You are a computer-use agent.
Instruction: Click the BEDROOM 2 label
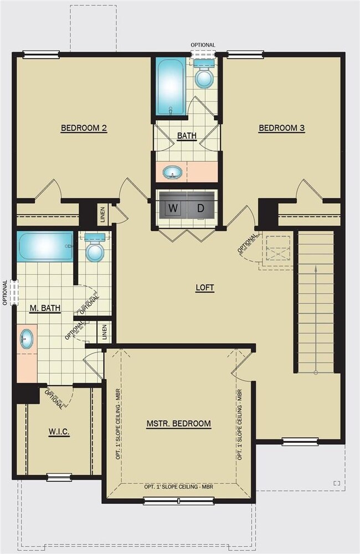[84, 128]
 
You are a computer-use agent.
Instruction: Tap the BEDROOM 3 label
[282, 128]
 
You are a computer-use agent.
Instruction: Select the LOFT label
[205, 287]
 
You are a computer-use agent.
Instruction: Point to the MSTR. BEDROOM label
[178, 423]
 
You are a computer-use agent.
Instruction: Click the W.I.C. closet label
[59, 431]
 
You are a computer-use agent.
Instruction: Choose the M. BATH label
[45, 308]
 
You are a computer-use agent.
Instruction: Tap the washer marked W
[173, 208]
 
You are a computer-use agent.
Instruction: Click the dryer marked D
[201, 208]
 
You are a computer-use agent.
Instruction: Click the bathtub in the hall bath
[171, 87]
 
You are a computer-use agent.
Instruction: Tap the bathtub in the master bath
[45, 246]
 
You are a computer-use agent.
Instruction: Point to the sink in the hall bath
[173, 173]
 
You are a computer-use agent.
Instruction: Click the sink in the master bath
[27, 339]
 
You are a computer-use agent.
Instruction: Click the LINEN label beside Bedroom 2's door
[102, 215]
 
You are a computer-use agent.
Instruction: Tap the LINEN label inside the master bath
[104, 332]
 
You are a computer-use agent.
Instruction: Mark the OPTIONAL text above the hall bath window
[203, 45]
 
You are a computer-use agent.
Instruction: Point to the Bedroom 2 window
[41, 54]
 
